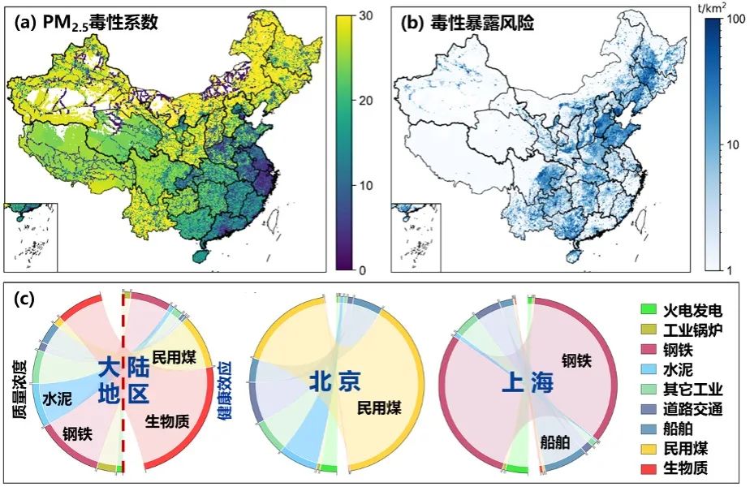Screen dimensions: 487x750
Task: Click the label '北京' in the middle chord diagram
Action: [334, 381]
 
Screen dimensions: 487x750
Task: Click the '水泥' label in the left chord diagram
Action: [58, 399]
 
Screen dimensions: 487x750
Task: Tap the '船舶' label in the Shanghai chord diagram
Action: [556, 442]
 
